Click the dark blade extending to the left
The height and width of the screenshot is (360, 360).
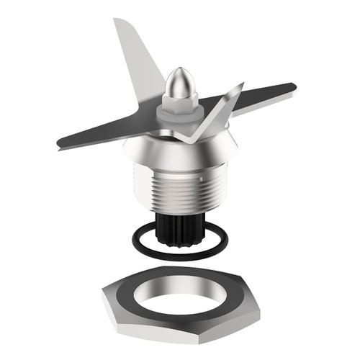click(x=108, y=130)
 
